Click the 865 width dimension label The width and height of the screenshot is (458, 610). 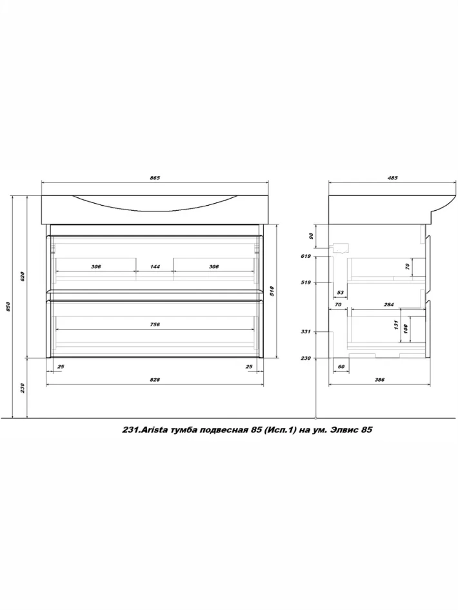click(155, 178)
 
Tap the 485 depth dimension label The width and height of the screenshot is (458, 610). click(393, 178)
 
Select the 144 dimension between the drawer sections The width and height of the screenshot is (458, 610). click(155, 266)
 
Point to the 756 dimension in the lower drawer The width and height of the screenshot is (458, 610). click(155, 324)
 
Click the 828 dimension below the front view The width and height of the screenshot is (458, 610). click(155, 380)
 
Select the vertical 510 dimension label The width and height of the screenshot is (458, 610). click(272, 291)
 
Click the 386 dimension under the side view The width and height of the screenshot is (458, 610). click(379, 380)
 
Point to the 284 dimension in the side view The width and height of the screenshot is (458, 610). click(389, 304)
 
